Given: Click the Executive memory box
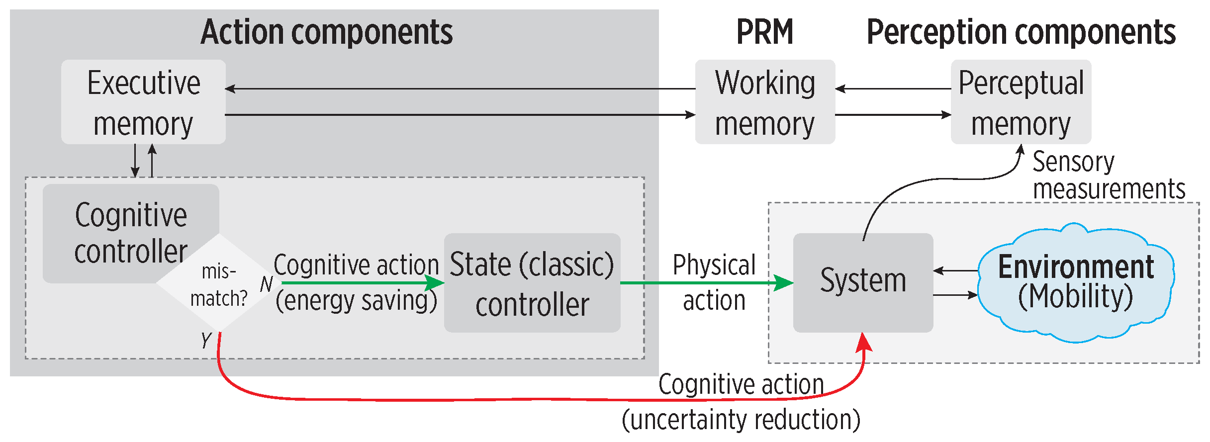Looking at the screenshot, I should tap(143, 102).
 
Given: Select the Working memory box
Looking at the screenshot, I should tap(764, 102).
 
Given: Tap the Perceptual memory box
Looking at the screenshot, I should tap(1021, 102).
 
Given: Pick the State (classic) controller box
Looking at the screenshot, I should tap(532, 283).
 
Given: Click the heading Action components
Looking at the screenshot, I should tap(327, 32).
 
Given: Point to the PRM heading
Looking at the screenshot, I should tap(764, 32).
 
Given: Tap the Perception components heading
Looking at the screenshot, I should tap(1021, 32).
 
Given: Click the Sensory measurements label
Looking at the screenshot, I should tap(1108, 175).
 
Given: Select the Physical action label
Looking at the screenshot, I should tap(714, 282).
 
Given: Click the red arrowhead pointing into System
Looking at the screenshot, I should tap(864, 343).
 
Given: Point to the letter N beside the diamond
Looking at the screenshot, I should tap(266, 284).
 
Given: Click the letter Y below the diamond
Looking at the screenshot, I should tap(206, 341).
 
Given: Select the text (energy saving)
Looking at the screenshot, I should tap(356, 301).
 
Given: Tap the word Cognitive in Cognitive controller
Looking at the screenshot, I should tap(131, 215).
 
